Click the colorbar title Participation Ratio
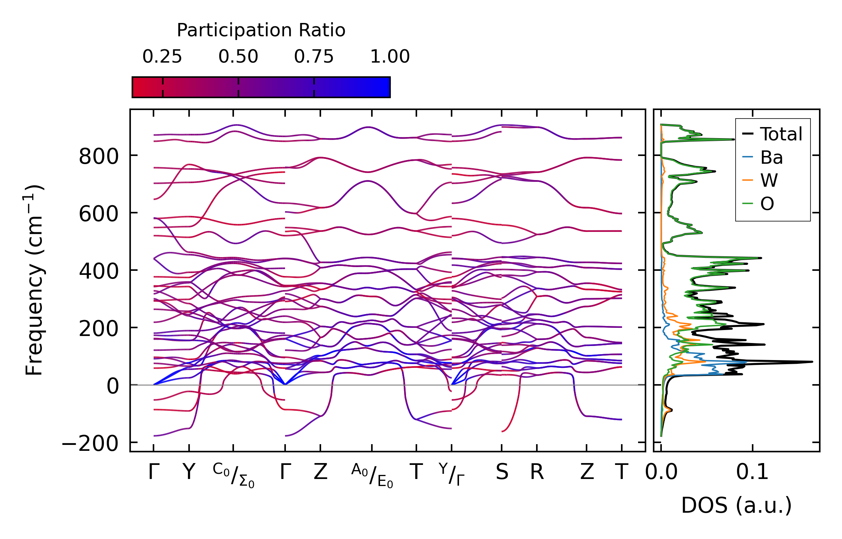coord(261,30)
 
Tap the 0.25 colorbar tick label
coord(162,57)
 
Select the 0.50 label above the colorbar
coord(238,57)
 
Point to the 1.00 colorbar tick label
coord(390,57)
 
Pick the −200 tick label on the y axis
coord(90,443)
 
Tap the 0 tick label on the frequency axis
coord(113,386)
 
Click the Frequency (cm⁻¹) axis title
coord(34,280)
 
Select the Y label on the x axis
coord(189,472)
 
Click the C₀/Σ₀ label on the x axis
coord(234,475)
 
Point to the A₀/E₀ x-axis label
coord(372,475)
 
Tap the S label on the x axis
coord(502,472)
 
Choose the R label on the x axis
coord(537,472)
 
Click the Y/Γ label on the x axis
coord(452,474)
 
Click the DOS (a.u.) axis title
coord(736,505)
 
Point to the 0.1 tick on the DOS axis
coord(752,472)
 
